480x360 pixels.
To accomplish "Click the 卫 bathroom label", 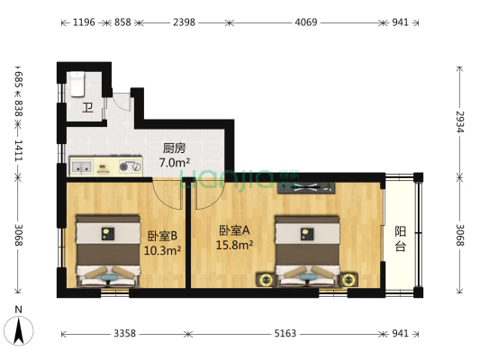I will tap(87, 109).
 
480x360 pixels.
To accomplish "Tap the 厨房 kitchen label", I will tap(175, 148).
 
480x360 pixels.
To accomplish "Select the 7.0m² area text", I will tap(175, 163).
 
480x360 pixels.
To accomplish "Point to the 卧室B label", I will tap(162, 236).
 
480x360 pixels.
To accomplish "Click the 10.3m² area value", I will tap(162, 250).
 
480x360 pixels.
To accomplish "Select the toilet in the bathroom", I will tap(78, 83).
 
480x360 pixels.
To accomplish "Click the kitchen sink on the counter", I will tap(82, 166).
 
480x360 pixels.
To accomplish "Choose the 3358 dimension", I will tap(125, 333).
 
